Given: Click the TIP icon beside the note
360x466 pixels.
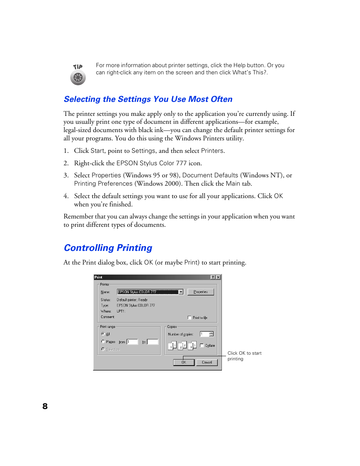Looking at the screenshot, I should [78, 75].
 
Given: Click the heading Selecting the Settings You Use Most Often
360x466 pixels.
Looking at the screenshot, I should [148, 99].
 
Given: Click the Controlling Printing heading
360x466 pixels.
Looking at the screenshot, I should [108, 248].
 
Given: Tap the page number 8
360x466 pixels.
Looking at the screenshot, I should [45, 406].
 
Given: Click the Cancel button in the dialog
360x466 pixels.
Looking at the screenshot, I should [207, 362].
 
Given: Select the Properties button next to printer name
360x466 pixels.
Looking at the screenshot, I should [200, 292].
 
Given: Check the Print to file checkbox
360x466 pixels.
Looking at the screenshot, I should [189, 318].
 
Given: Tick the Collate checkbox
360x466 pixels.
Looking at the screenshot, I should [202, 345].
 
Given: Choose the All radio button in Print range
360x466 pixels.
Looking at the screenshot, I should [103, 334].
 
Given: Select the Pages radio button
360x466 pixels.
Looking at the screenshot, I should [103, 341].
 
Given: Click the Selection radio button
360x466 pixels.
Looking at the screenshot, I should [103, 349].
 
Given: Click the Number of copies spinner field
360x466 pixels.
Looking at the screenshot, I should [204, 334].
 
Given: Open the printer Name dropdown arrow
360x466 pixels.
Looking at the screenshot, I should [181, 292].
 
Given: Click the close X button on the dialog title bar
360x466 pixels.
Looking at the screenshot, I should [218, 277].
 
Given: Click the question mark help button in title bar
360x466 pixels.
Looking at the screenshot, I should [213, 277].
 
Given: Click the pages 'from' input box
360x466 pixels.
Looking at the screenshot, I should [132, 342].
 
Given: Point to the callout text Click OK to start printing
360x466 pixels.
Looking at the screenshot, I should [244, 356].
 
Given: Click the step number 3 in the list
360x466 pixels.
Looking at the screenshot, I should [66, 175].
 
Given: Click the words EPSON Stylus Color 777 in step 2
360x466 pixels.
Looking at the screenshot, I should [151, 163].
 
